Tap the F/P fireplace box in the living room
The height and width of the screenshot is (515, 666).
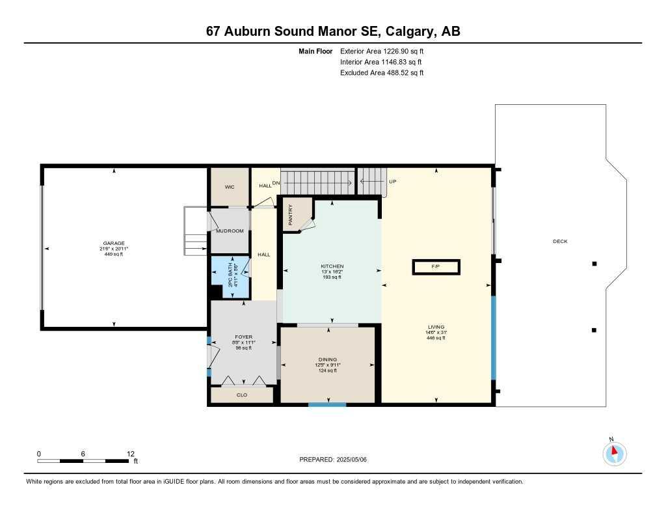pyautogui.click(x=436, y=267)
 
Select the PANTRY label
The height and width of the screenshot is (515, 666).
pyautogui.click(x=291, y=215)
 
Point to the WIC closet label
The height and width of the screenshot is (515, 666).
pyautogui.click(x=229, y=187)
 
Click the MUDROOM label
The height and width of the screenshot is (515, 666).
pyautogui.click(x=230, y=231)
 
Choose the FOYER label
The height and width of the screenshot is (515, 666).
pyautogui.click(x=243, y=337)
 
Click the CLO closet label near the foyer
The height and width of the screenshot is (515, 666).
pyautogui.click(x=242, y=395)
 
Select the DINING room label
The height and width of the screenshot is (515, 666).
pyautogui.click(x=328, y=359)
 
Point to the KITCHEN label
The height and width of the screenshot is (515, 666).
pyautogui.click(x=332, y=266)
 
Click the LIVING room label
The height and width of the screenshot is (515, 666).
pyautogui.click(x=435, y=327)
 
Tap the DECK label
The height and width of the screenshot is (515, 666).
pyautogui.click(x=560, y=242)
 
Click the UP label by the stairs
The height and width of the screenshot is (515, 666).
pyautogui.click(x=392, y=182)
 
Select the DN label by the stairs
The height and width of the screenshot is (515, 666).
pyautogui.click(x=276, y=183)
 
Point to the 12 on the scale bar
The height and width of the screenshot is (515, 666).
pyautogui.click(x=131, y=454)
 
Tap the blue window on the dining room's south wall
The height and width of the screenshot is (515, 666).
pyautogui.click(x=327, y=404)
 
